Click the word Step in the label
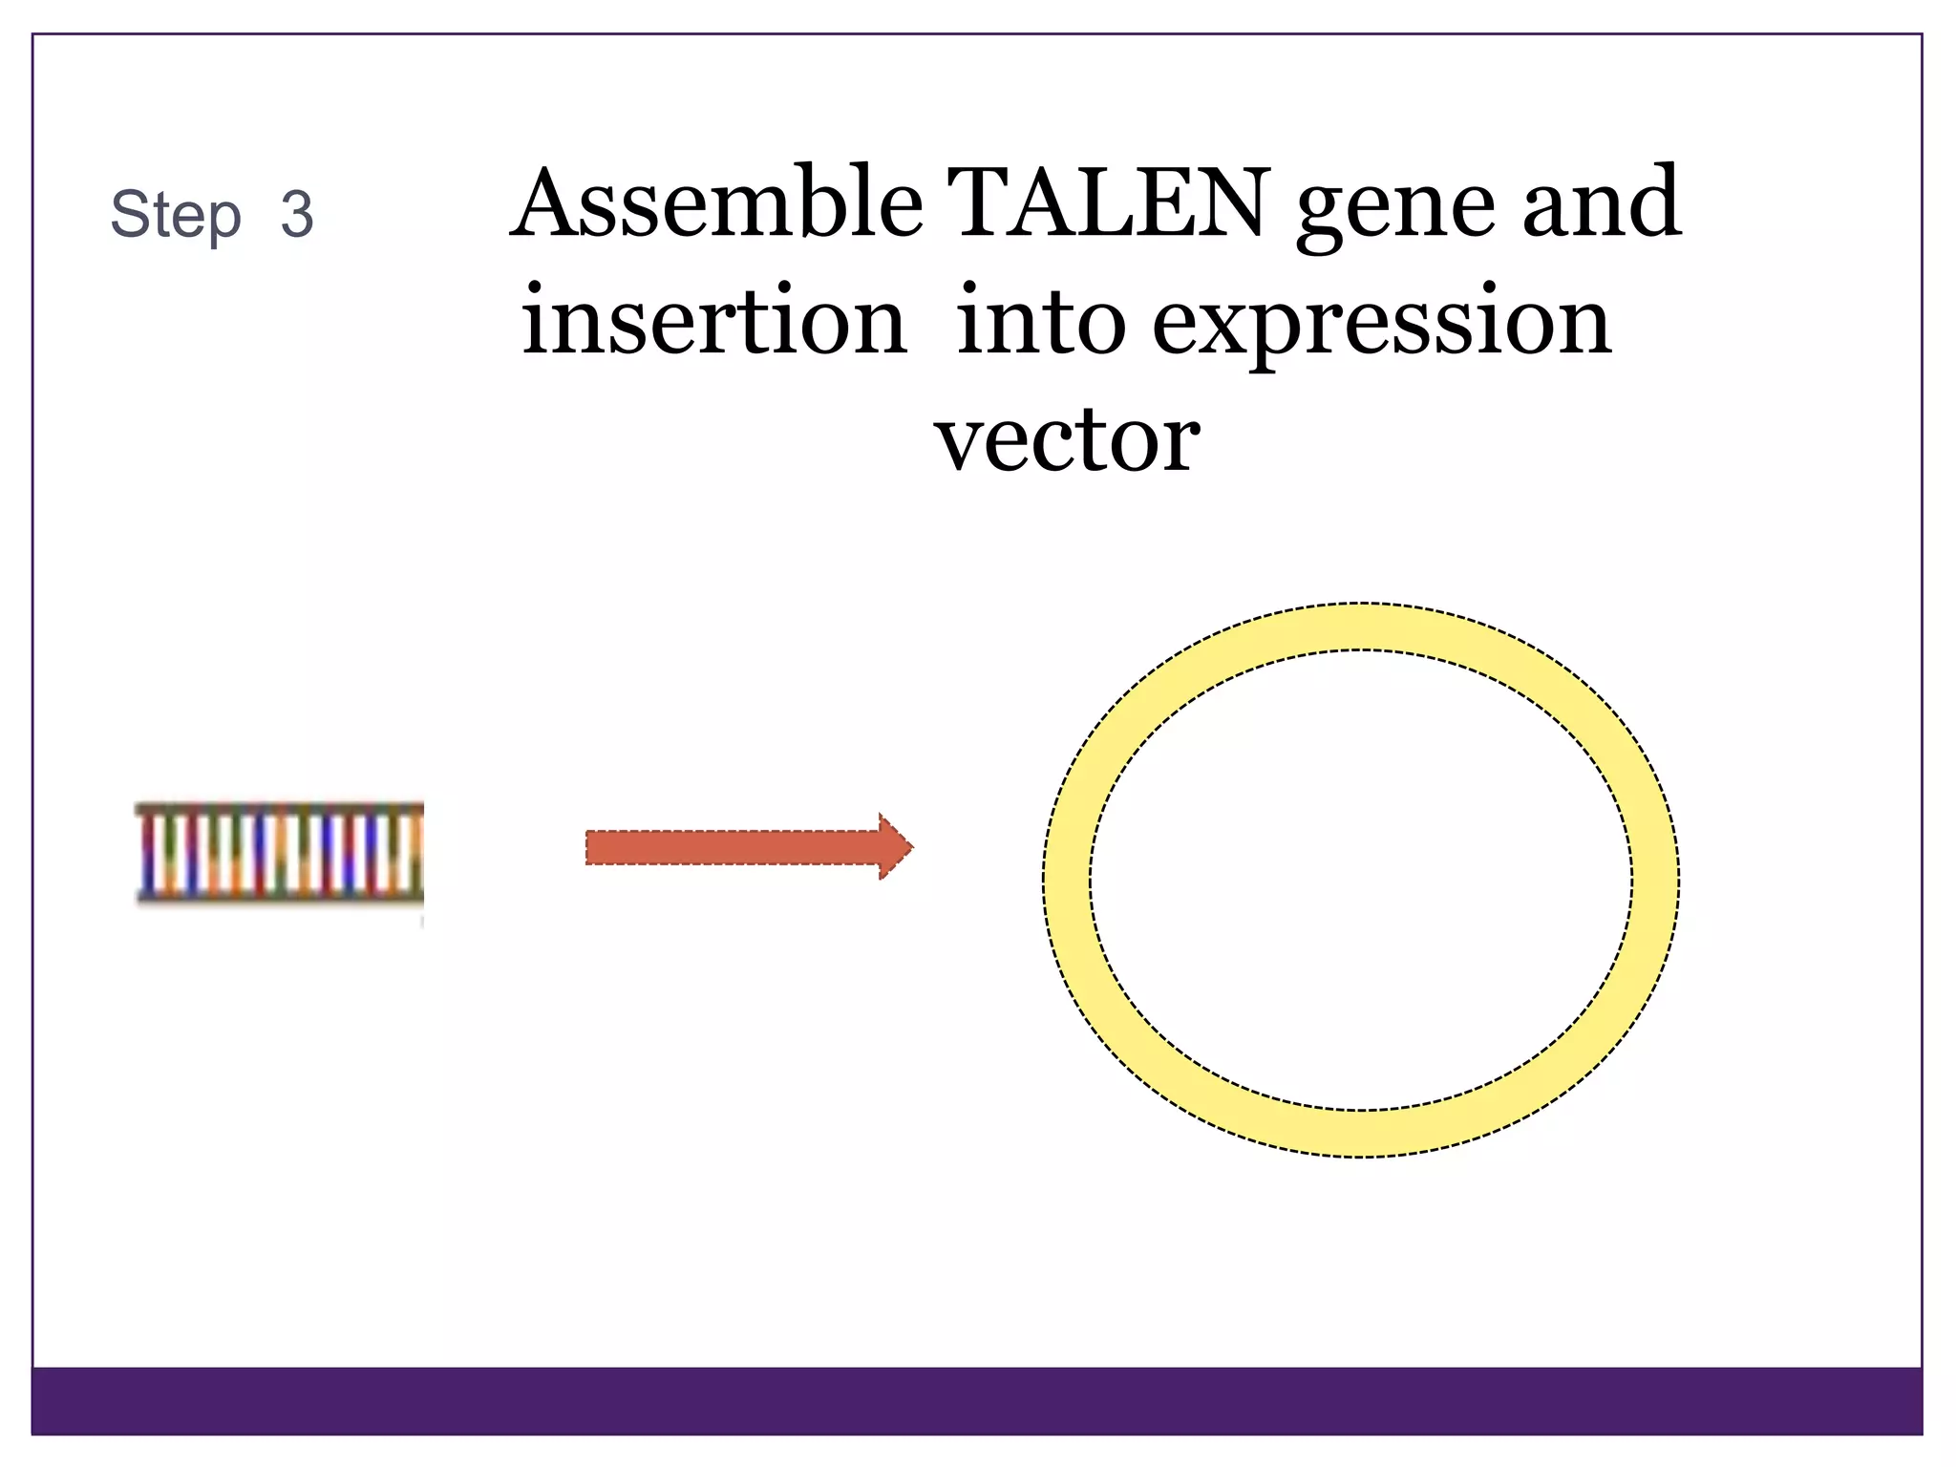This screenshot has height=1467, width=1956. pos(176,216)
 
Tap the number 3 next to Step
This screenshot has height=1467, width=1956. pos(297,214)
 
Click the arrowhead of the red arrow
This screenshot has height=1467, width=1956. pos(896,846)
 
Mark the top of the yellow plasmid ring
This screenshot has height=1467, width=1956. pos(1361,627)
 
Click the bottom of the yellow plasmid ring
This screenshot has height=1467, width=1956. pos(1361,1134)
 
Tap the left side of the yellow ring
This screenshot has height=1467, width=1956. pos(1067,880)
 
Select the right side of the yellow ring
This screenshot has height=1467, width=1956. pos(1655,880)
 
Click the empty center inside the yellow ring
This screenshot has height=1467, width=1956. pos(1361,880)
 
